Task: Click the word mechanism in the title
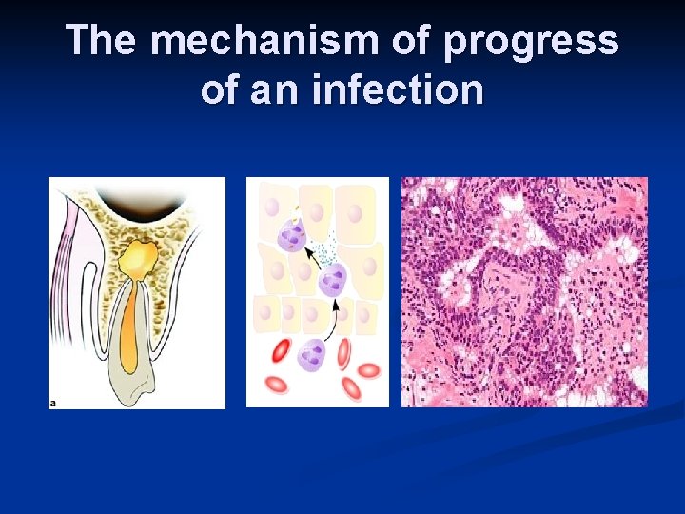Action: pos(264,42)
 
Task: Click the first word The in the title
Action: pos(104,42)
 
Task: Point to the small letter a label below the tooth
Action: pos(53,403)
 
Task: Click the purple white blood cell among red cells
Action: pos(311,355)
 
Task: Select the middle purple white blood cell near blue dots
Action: pos(332,280)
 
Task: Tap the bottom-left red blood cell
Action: pos(277,385)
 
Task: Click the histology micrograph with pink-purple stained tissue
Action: pos(524,292)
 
